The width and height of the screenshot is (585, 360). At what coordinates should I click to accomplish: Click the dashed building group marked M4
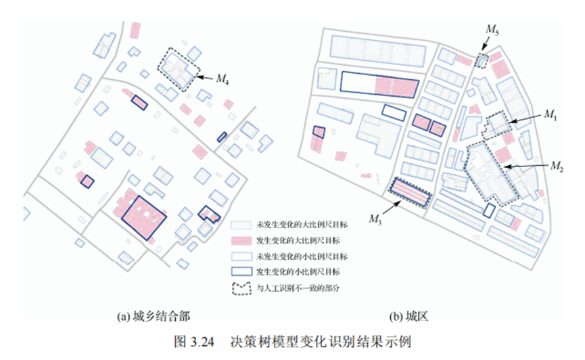[179, 68]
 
